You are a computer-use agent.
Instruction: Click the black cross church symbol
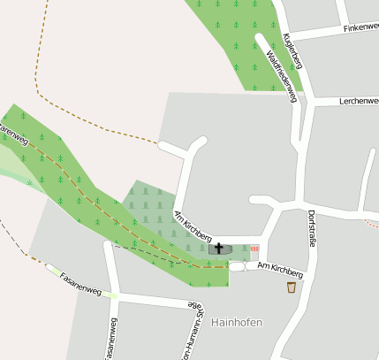219,249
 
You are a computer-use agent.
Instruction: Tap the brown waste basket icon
292,287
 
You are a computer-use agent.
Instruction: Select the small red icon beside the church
254,249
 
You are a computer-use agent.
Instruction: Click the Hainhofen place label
237,322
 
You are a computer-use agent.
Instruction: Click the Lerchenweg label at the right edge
358,101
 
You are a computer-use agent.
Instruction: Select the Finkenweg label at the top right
360,28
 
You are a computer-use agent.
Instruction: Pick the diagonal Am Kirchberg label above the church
193,226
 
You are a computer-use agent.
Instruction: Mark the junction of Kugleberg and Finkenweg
288,36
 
